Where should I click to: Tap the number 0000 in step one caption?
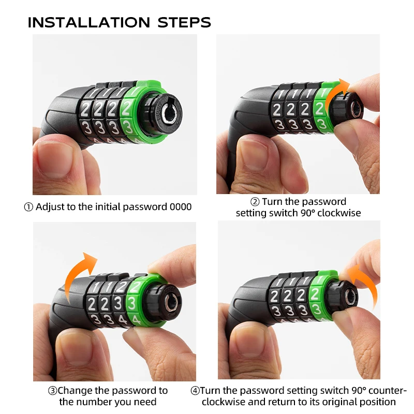click(181, 207)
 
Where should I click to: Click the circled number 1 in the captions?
click(28, 207)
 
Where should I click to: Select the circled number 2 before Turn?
click(255, 202)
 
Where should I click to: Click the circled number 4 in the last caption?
click(195, 391)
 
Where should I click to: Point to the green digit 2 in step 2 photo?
click(319, 109)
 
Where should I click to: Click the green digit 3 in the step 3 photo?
click(132, 302)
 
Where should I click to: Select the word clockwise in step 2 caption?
click(339, 213)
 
